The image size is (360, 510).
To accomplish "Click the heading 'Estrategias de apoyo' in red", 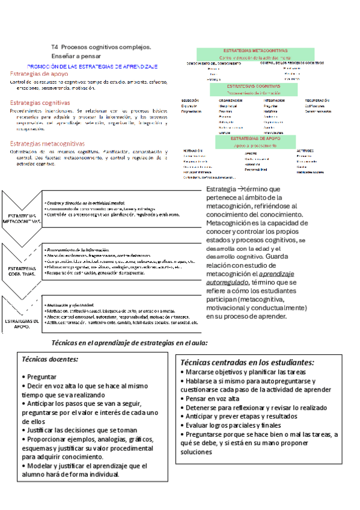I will (39, 73).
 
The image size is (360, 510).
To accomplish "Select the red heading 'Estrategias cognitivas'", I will (40, 103).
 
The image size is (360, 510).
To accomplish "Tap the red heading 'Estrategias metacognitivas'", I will (47, 144).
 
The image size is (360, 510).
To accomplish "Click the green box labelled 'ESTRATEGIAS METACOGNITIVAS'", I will (255, 54).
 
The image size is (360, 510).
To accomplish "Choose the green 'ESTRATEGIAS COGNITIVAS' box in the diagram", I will (255, 90).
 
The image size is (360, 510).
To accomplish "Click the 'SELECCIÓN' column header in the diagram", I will (190, 100).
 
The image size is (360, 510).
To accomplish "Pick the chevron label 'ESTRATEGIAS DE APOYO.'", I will (22, 325).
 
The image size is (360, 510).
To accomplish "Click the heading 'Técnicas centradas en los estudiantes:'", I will (247, 363).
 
